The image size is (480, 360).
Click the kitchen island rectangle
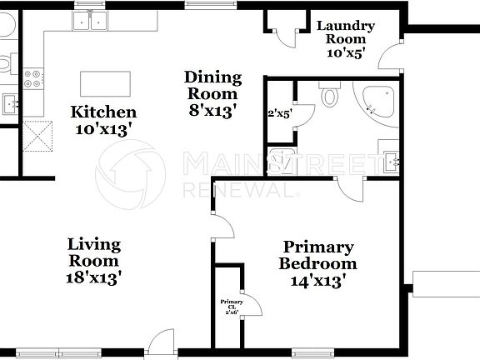click(x=105, y=84)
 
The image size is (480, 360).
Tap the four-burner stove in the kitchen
click(x=34, y=78)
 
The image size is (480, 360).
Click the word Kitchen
click(x=103, y=112)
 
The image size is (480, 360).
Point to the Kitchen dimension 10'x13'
click(x=103, y=129)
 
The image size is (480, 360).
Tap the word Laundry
click(x=346, y=26)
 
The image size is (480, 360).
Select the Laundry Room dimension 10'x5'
click(x=346, y=52)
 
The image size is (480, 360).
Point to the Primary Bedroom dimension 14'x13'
click(x=317, y=282)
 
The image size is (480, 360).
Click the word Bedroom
click(x=317, y=264)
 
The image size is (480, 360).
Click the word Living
click(x=94, y=244)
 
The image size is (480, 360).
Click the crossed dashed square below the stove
click(x=38, y=136)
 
